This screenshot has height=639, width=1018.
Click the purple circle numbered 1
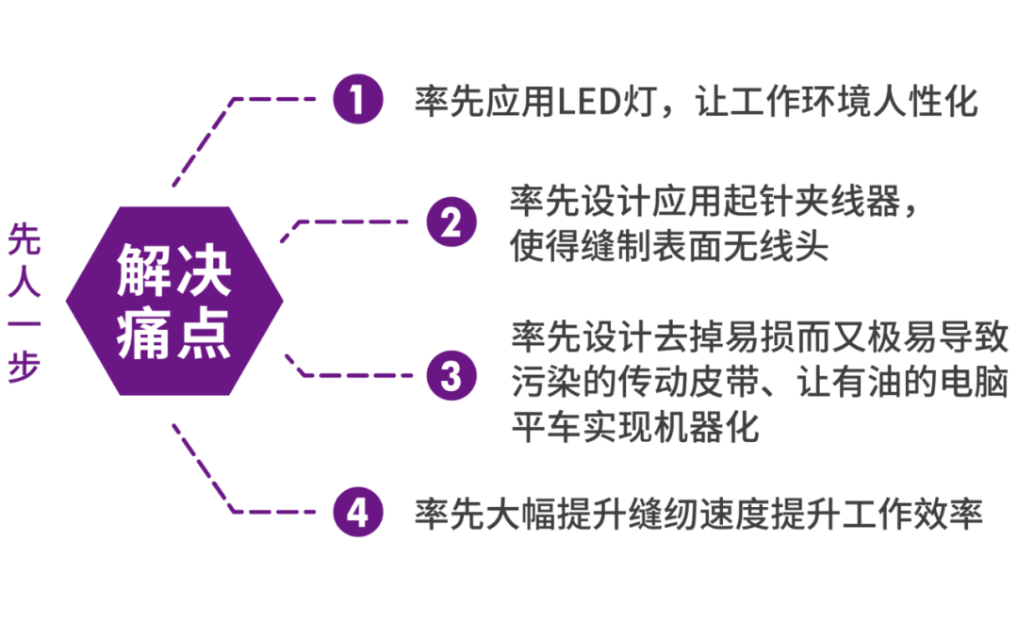click(x=358, y=99)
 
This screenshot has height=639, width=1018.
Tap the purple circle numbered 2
click(x=452, y=222)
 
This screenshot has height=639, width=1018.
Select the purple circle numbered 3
click(x=452, y=375)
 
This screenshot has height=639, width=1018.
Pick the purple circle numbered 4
click(x=358, y=512)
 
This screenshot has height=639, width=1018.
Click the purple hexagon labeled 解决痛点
click(x=174, y=301)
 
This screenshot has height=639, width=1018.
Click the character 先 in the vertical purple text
click(x=25, y=239)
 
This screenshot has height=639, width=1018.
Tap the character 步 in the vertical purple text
click(x=25, y=366)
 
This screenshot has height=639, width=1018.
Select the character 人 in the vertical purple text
click(x=25, y=281)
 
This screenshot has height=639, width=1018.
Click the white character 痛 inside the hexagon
click(x=143, y=334)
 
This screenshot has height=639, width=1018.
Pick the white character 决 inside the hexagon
click(x=204, y=270)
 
